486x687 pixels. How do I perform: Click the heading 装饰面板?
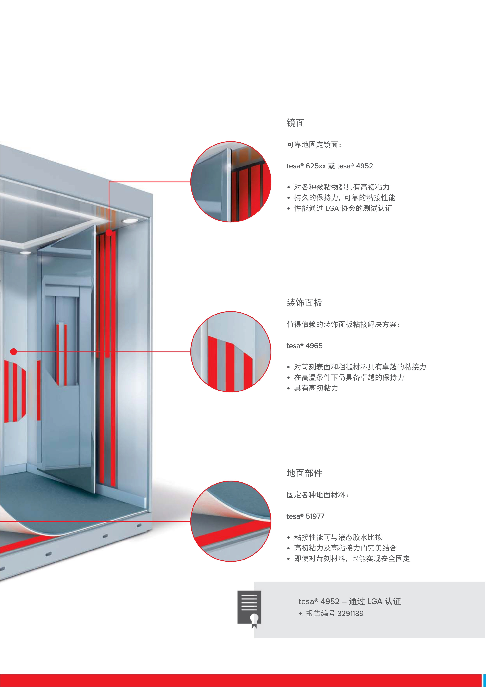[304, 303]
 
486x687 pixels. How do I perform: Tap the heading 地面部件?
[304, 473]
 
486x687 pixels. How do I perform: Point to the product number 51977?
[315, 516]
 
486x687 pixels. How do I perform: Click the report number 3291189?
[350, 613]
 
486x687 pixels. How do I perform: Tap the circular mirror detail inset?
[231, 182]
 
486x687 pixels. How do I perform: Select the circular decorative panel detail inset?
[231, 352]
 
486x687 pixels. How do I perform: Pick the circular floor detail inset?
[231, 521]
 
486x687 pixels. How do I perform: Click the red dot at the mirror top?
[109, 232]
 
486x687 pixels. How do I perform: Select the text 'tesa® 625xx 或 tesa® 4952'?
[330, 166]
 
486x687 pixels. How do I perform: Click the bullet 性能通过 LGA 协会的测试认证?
[343, 208]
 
